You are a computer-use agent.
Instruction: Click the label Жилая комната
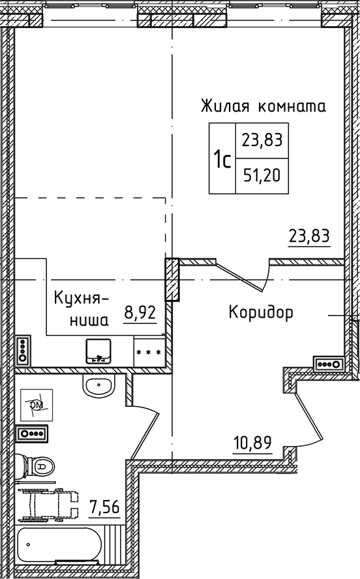click(263, 105)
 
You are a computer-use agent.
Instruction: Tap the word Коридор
click(261, 312)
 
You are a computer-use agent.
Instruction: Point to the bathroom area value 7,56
click(104, 507)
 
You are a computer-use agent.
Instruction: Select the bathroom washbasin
click(99, 386)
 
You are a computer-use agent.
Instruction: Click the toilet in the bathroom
click(35, 466)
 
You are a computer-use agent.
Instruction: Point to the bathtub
click(59, 543)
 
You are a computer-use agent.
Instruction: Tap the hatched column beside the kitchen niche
click(172, 280)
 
